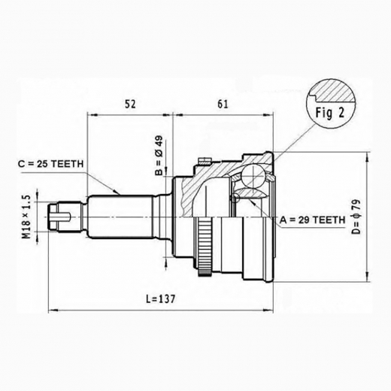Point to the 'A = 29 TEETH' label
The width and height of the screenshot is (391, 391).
point(311,220)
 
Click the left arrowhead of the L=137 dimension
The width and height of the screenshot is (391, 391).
point(51,308)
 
